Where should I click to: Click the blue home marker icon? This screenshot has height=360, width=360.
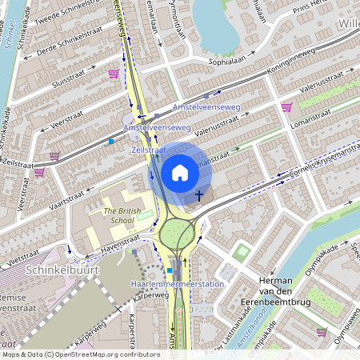pyautogui.click(x=180, y=172)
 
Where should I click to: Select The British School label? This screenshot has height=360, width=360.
pyautogui.click(x=122, y=215)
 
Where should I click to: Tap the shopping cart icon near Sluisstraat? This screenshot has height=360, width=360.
pyautogui.click(x=114, y=74)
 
